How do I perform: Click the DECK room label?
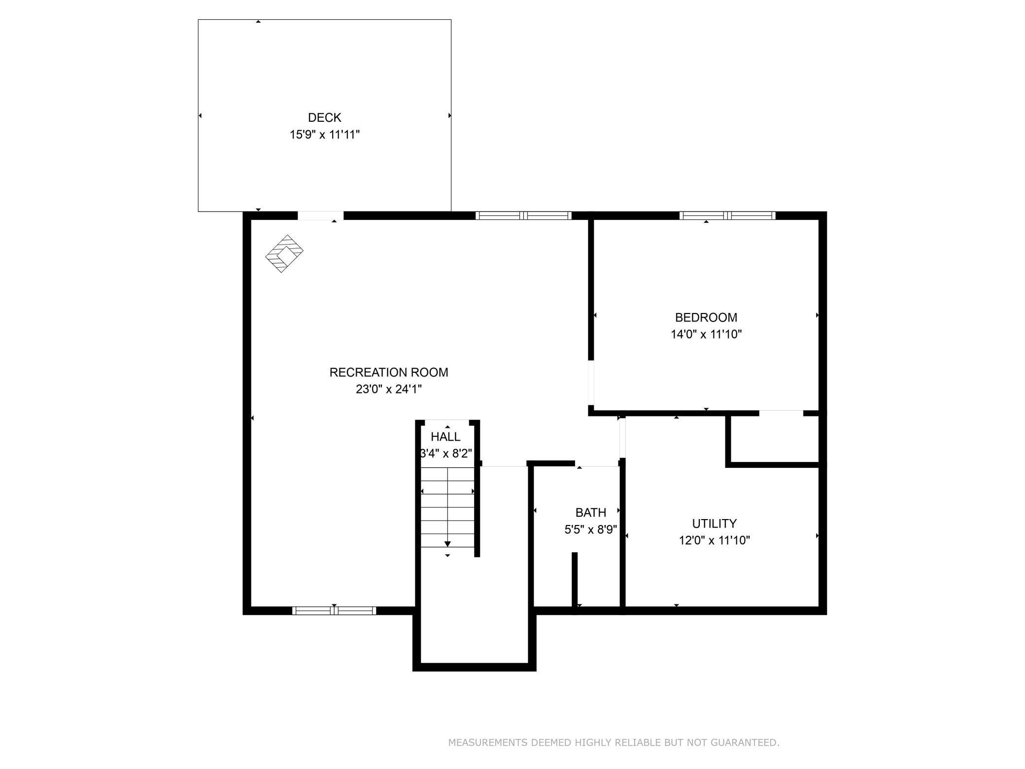(324, 117)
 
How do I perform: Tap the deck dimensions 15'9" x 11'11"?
(325, 135)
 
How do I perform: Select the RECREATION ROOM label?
(389, 372)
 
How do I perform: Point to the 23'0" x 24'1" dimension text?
(389, 389)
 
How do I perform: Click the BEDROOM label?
(706, 317)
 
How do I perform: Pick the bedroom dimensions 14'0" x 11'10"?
(706, 334)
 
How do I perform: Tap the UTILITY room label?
(714, 524)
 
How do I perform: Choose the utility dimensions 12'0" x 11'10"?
(715, 540)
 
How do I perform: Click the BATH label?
(590, 513)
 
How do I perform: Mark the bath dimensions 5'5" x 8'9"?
(591, 529)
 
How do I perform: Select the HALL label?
(445, 437)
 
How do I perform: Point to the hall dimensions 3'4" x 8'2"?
(446, 454)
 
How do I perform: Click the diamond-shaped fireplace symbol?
(284, 253)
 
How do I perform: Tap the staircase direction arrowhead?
(447, 544)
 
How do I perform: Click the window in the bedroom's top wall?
(727, 215)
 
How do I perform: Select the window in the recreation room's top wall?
(523, 215)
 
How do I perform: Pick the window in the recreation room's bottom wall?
(334, 611)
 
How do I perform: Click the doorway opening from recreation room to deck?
(320, 216)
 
